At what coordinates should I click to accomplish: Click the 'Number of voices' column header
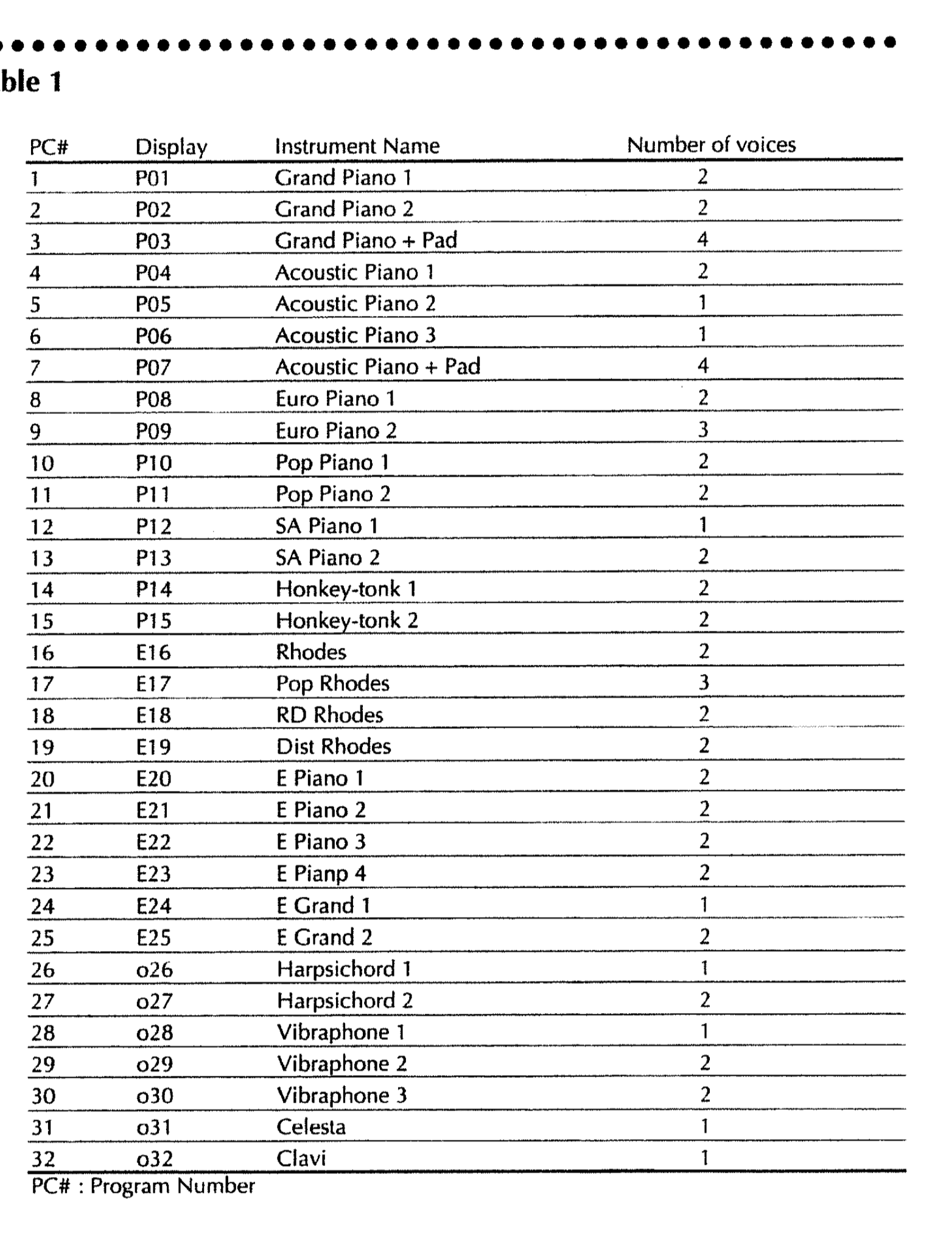(x=711, y=145)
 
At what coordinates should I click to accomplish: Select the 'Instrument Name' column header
(x=357, y=146)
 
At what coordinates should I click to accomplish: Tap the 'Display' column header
(x=171, y=147)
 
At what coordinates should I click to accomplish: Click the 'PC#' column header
(x=49, y=147)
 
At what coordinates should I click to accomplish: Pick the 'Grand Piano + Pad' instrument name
(x=366, y=241)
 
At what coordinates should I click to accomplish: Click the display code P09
(x=153, y=431)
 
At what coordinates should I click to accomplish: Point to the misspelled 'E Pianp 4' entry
(x=321, y=874)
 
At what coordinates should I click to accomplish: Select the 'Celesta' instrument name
(x=310, y=1127)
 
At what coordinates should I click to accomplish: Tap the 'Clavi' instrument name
(x=301, y=1158)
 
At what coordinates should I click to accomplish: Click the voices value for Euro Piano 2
(x=703, y=430)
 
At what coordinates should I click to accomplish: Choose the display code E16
(x=153, y=653)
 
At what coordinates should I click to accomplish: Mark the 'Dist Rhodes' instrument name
(x=333, y=746)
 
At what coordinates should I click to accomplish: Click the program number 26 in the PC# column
(x=43, y=969)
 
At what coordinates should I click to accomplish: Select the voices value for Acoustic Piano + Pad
(x=703, y=366)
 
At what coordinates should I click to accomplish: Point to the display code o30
(x=155, y=1096)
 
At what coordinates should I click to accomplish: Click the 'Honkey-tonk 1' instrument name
(x=346, y=589)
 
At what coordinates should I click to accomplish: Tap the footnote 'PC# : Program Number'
(x=143, y=1187)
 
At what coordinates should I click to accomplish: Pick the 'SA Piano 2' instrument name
(x=327, y=557)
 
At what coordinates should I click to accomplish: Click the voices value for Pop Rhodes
(x=704, y=683)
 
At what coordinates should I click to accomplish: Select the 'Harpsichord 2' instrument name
(x=345, y=1000)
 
